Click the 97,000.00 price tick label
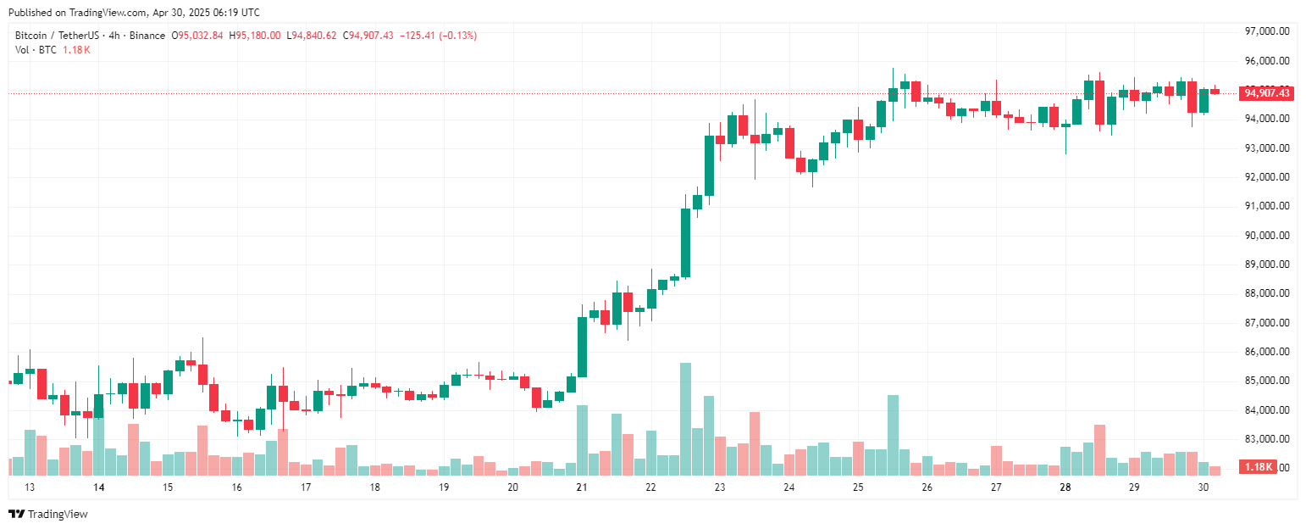click(x=1266, y=31)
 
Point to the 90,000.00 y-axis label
click(x=1266, y=236)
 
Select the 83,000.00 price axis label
click(x=1266, y=439)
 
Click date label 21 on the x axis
click(x=582, y=487)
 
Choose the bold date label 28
click(x=1065, y=487)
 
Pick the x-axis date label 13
click(x=30, y=487)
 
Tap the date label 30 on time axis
click(x=1204, y=487)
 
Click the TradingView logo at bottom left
click(x=47, y=514)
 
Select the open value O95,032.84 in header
click(x=197, y=36)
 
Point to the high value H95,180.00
click(x=255, y=36)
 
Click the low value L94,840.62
click(x=312, y=36)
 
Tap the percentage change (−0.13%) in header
click(x=457, y=36)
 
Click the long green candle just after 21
click(x=583, y=347)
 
